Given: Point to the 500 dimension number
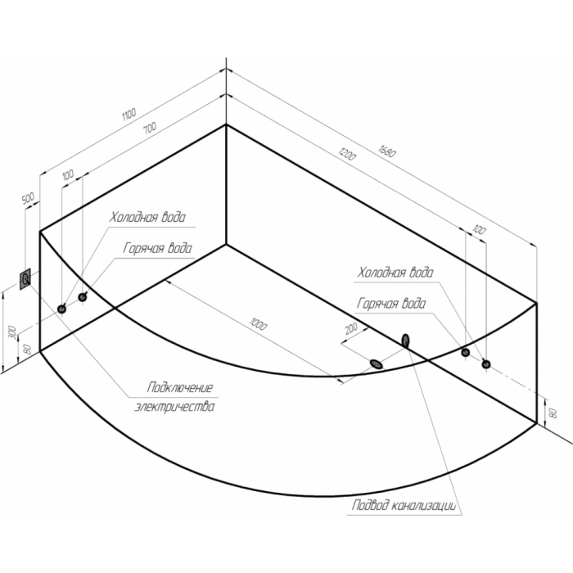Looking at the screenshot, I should (27, 199).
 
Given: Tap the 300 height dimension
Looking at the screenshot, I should (11, 332).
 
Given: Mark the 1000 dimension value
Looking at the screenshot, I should (258, 325).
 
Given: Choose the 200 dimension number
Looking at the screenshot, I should (351, 329).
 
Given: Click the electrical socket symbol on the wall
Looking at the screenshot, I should (28, 281).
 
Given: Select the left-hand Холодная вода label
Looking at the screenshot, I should (149, 219).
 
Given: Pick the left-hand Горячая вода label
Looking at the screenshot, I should (159, 247).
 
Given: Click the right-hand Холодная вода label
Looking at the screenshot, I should (395, 272).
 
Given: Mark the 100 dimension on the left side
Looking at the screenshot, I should (66, 174).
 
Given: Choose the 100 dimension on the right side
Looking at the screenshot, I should (479, 230).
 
